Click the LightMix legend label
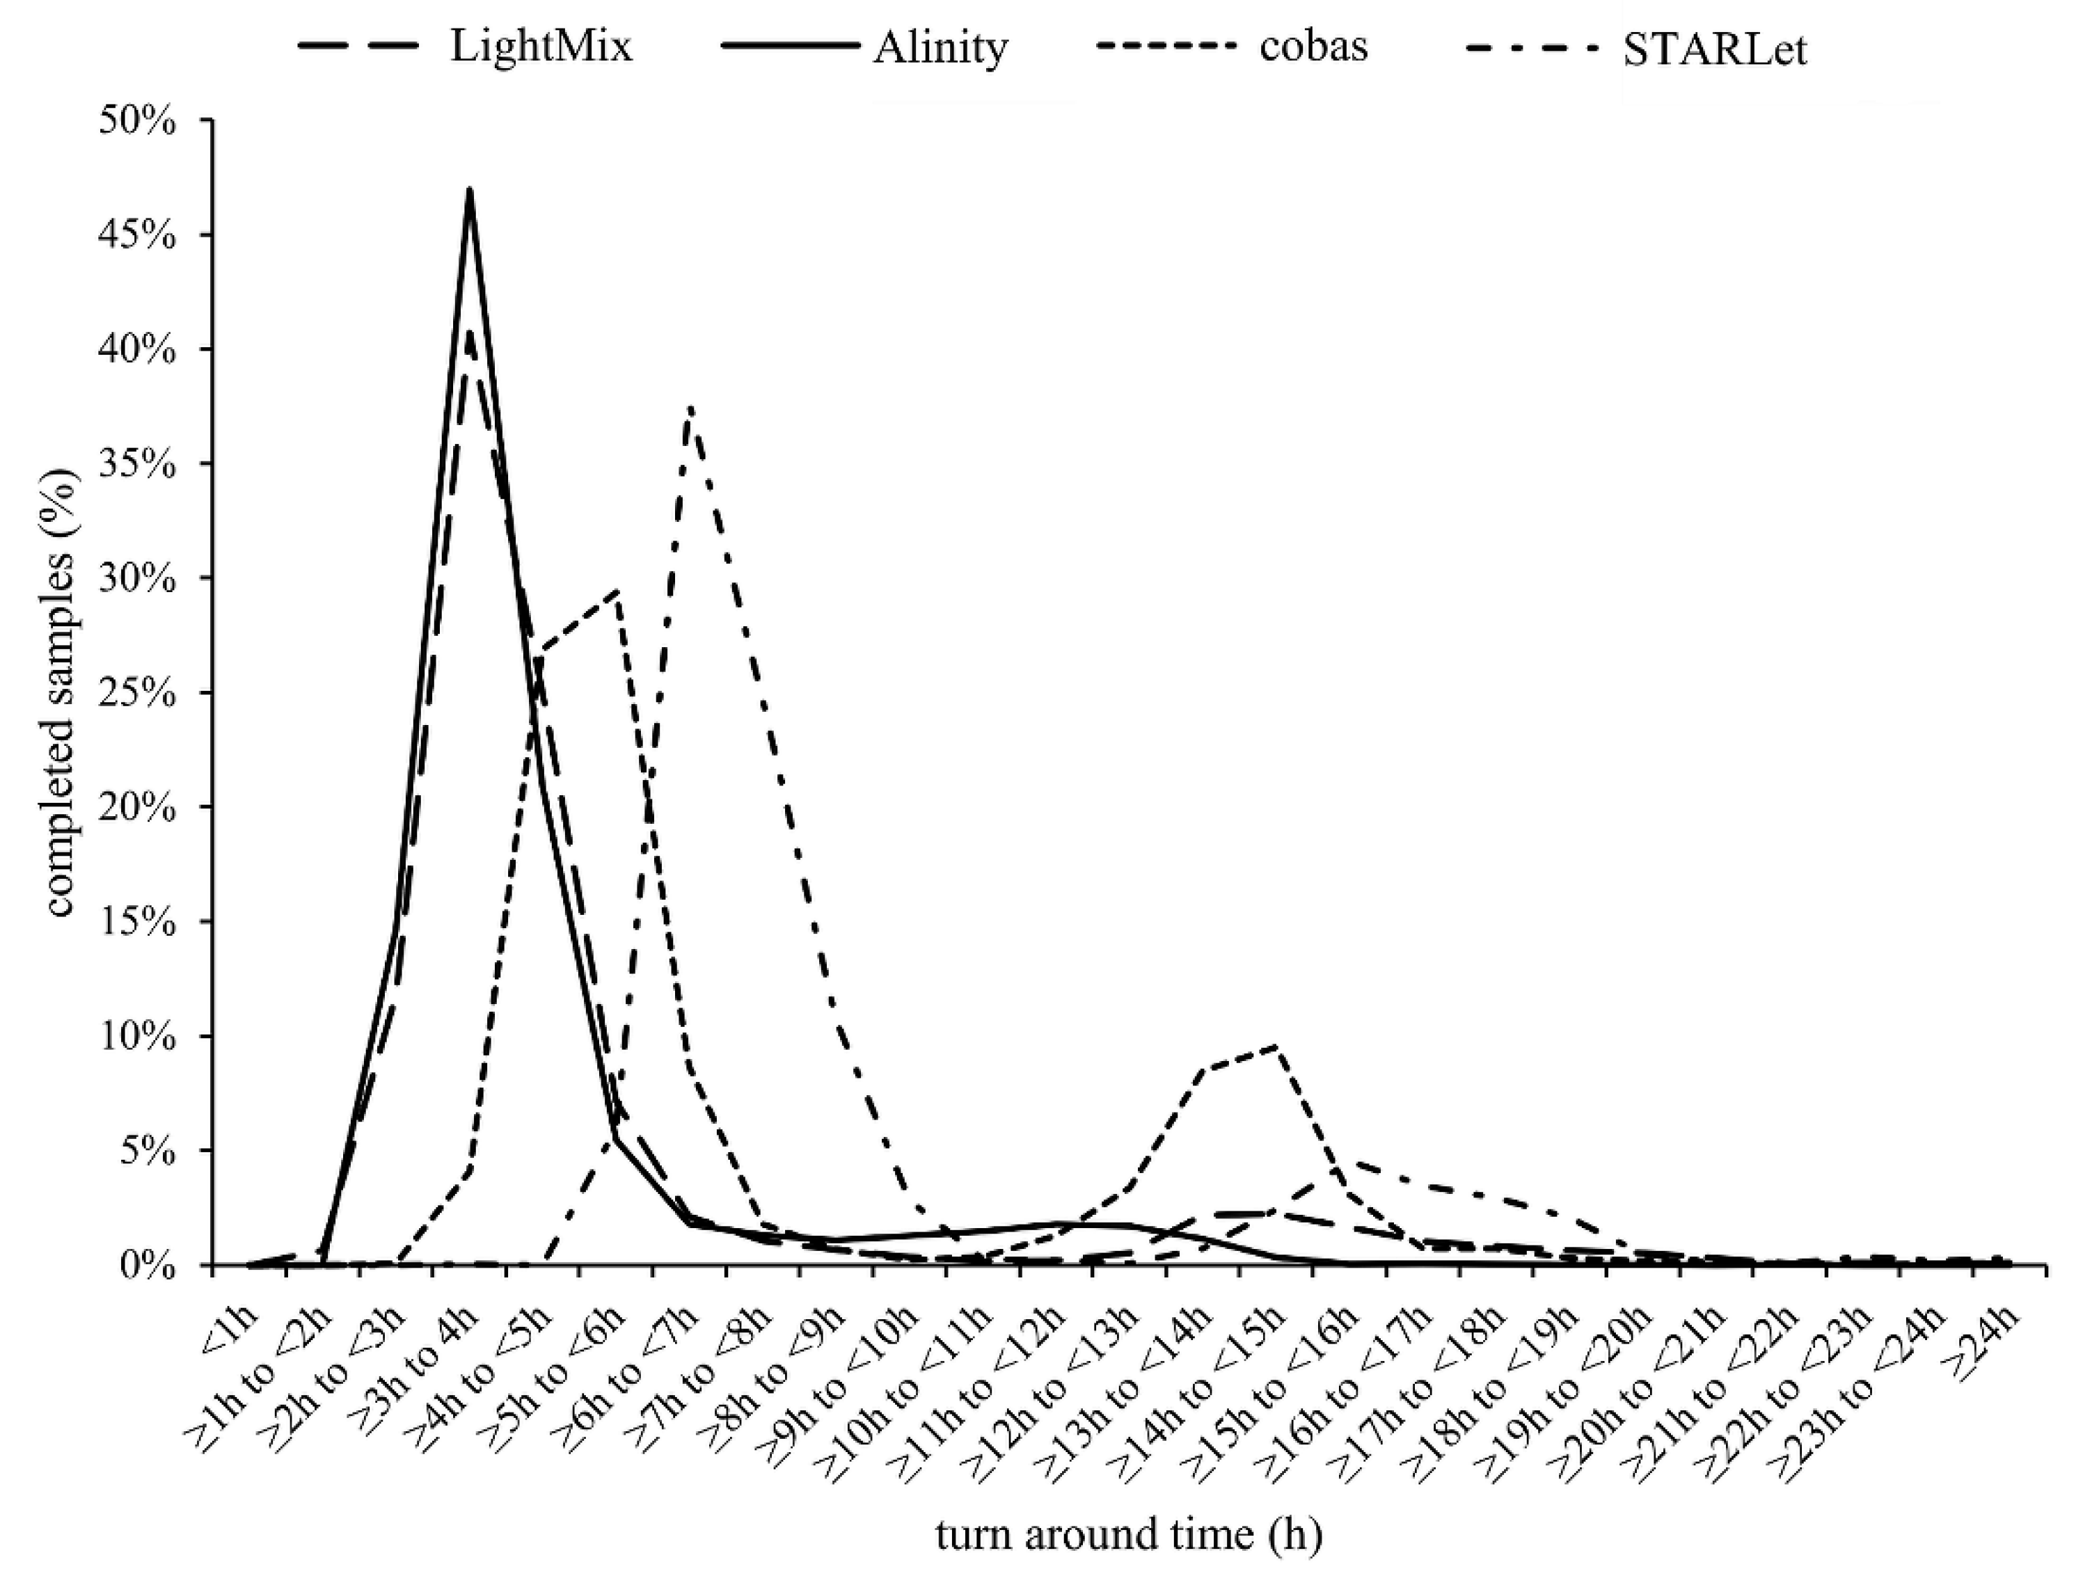[x=541, y=46]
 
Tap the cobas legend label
[x=1313, y=46]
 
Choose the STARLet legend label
[x=1715, y=50]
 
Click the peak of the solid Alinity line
[x=469, y=190]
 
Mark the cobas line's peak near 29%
[x=616, y=591]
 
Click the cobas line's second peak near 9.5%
[x=1276, y=1046]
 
